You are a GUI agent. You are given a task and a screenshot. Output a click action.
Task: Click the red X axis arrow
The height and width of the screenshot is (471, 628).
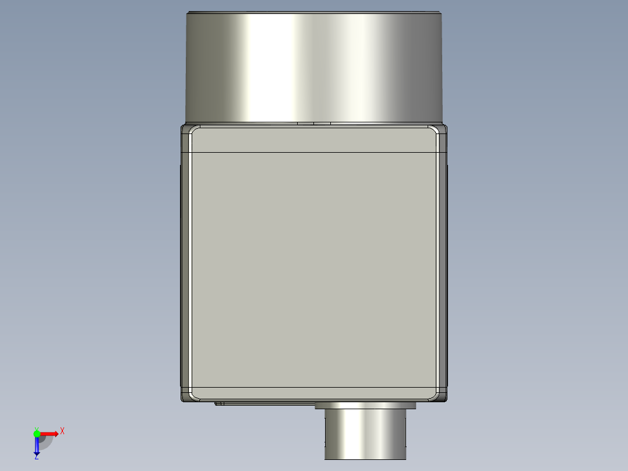(x=49, y=434)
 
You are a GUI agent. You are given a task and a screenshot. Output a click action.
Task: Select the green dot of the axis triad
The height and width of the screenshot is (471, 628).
(x=37, y=433)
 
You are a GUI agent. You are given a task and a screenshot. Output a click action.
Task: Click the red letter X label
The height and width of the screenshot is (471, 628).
(x=62, y=431)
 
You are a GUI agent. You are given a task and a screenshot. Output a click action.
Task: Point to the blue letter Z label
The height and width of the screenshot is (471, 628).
(x=36, y=458)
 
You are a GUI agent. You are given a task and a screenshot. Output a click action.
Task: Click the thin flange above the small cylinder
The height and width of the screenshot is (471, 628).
(x=365, y=406)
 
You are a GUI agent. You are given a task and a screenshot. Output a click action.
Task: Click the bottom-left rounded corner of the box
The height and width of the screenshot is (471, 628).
(x=187, y=396)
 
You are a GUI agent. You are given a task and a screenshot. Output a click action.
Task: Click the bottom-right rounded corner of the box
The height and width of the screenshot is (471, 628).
(x=441, y=396)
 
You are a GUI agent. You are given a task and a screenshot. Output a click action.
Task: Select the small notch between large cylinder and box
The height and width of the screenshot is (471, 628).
(x=314, y=124)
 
